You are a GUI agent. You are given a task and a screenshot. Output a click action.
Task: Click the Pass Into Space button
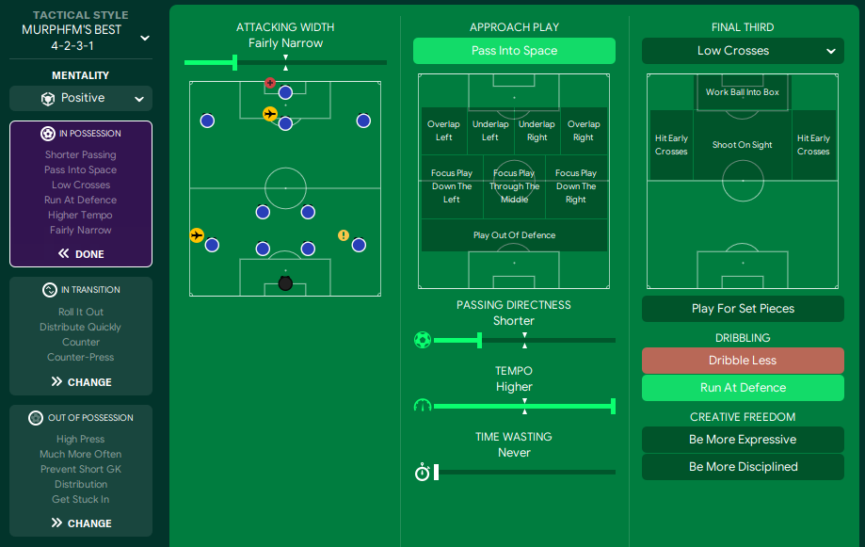(x=514, y=51)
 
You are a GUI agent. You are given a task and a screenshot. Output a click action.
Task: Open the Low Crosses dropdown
(x=743, y=51)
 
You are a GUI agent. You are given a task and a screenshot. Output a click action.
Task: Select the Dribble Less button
(x=743, y=361)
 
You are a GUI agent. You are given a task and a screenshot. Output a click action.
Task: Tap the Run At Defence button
(x=743, y=388)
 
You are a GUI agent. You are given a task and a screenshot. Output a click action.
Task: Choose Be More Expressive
(x=743, y=440)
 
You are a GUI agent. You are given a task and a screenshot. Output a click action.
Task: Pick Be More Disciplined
(x=743, y=467)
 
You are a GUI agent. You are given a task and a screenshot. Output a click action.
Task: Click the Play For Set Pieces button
(x=743, y=309)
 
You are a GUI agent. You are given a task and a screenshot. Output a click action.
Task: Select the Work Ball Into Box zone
(x=743, y=92)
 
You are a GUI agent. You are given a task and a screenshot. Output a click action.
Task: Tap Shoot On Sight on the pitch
(x=743, y=145)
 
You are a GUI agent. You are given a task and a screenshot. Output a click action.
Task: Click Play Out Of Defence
(x=514, y=235)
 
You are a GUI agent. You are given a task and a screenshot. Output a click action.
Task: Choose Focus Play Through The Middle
(x=514, y=186)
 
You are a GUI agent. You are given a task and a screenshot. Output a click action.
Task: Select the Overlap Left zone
(x=444, y=131)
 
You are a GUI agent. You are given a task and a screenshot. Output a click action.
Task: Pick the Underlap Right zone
(x=537, y=131)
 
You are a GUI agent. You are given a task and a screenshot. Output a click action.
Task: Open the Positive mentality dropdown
(x=81, y=98)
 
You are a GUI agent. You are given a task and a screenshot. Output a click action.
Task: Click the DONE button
(x=81, y=254)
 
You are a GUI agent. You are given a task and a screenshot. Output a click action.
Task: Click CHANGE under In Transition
(x=81, y=382)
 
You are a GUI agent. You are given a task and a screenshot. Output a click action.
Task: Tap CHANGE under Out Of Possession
(x=81, y=523)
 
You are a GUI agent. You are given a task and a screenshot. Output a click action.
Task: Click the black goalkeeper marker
(x=285, y=283)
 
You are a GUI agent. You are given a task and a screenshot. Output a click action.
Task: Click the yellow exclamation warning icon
(x=344, y=235)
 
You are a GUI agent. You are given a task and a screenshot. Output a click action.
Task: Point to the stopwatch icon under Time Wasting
(x=422, y=473)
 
